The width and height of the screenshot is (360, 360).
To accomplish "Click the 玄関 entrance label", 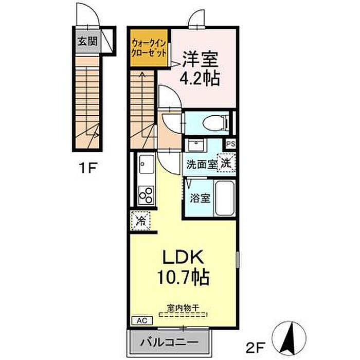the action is click(x=87, y=42).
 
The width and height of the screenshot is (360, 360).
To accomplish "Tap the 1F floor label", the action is click(x=88, y=168).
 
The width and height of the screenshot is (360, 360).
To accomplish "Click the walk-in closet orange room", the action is click(x=149, y=48).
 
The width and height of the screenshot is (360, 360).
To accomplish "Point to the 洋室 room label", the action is click(x=200, y=59).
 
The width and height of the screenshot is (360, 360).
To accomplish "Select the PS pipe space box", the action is click(x=231, y=144).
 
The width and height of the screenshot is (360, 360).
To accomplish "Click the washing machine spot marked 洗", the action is click(x=226, y=163).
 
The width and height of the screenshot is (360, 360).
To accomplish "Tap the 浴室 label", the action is click(x=200, y=198).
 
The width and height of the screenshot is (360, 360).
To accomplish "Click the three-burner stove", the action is click(x=146, y=195).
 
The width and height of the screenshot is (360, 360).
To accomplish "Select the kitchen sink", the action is click(x=146, y=164).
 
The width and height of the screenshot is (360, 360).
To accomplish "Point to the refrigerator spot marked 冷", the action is click(x=140, y=221).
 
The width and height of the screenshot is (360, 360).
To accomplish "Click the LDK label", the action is click(x=183, y=257).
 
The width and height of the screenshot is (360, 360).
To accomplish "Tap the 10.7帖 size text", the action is click(x=183, y=277).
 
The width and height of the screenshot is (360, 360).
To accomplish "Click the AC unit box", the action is click(x=142, y=320).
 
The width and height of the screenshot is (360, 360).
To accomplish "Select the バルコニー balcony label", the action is click(x=169, y=343).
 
